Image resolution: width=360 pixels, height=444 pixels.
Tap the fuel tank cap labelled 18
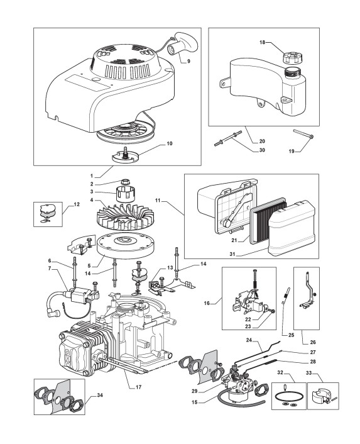[292, 57]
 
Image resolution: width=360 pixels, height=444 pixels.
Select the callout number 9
[188, 61]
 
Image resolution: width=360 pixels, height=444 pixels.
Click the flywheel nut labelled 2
[125, 181]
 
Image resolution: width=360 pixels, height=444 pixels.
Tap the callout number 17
[138, 387]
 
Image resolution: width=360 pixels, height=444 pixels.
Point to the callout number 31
[232, 254]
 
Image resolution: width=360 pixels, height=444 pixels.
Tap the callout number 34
[99, 395]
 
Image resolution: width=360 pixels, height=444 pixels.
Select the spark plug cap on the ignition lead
[55, 313]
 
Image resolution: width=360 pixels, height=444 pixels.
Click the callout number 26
[313, 342]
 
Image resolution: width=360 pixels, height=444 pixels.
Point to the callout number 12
[77, 204]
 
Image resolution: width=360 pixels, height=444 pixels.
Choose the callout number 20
[262, 141]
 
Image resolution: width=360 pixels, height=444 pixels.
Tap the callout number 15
[195, 402]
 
